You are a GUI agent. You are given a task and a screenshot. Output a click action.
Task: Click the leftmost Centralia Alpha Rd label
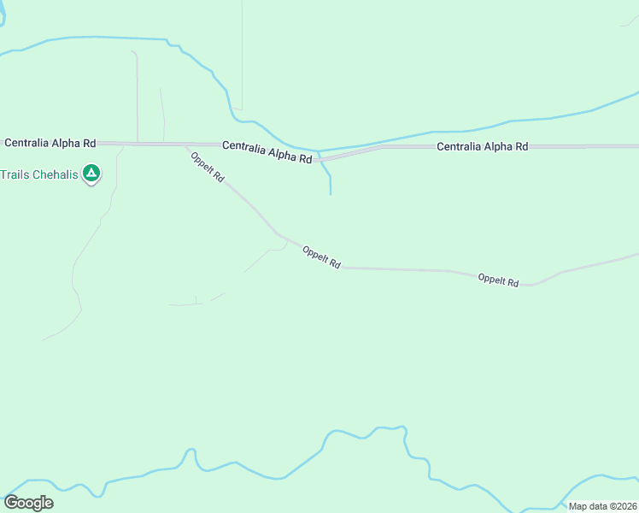[50, 142]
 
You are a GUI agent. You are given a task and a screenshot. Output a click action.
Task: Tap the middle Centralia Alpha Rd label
[267, 151]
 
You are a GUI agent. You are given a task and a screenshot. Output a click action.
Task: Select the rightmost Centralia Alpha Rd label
[482, 146]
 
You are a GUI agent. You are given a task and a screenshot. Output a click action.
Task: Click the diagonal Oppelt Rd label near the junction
[208, 167]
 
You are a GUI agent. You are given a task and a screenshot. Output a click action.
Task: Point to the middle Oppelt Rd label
[321, 257]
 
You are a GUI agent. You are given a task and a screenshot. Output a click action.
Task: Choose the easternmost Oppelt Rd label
[498, 280]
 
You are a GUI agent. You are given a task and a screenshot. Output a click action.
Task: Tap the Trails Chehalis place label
[39, 174]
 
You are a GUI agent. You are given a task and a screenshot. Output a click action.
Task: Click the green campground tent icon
[92, 174]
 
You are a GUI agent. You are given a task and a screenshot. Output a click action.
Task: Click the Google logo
[28, 503]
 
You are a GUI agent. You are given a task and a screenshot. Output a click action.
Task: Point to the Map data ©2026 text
[603, 506]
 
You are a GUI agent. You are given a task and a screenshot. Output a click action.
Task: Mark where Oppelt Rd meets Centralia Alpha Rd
[185, 145]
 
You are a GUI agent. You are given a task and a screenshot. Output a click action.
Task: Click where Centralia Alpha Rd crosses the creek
[319, 158]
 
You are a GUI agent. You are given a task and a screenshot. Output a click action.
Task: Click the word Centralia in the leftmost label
[30, 142]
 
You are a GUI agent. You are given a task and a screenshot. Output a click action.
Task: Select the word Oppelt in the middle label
[316, 255]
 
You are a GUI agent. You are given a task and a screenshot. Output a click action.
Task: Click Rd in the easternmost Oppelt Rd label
[512, 281]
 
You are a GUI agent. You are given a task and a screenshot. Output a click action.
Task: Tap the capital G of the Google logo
[11, 503]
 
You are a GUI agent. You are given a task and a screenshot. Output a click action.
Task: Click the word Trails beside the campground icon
[15, 174]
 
